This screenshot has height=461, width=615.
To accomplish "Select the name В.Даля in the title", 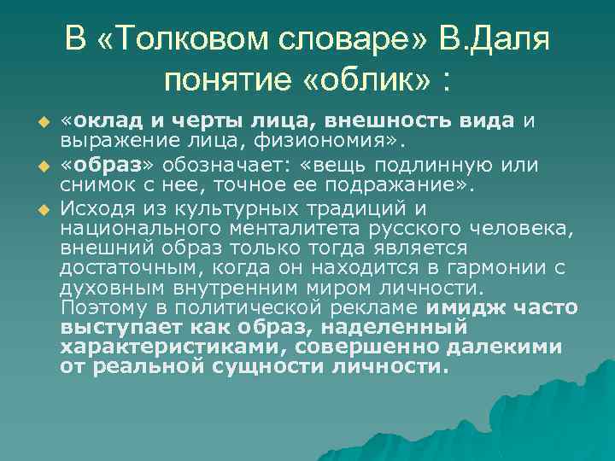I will pyautogui.click(x=496, y=39).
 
